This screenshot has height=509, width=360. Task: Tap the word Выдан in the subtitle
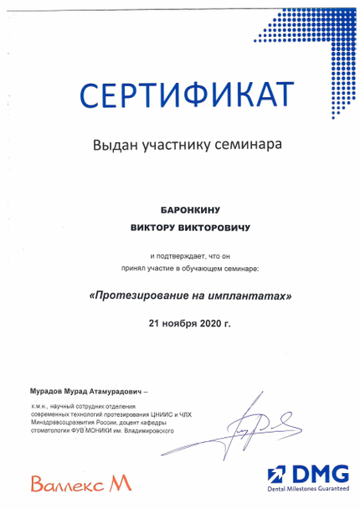point(114,145)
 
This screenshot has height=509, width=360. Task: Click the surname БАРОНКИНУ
point(182,209)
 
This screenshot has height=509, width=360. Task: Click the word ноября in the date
point(180,322)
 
